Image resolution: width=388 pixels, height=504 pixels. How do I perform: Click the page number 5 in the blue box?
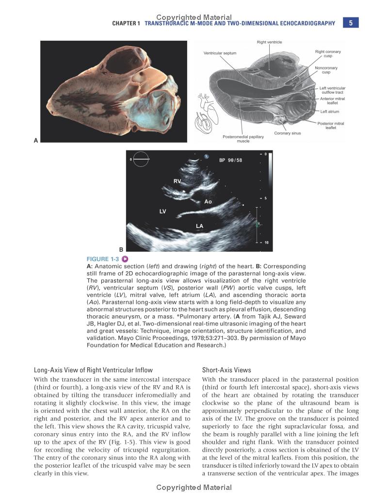[351, 23]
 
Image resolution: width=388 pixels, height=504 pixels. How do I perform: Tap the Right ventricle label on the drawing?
[269, 42]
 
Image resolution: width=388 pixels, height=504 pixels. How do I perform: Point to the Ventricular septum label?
[220, 53]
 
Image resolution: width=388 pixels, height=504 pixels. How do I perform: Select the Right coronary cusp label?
[328, 53]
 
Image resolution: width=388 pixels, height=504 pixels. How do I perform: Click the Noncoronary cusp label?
[326, 70]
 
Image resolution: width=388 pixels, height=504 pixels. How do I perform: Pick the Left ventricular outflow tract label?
[332, 90]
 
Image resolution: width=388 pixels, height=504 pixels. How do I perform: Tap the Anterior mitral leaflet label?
[332, 101]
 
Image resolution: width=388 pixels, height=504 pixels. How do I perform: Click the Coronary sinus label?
[288, 133]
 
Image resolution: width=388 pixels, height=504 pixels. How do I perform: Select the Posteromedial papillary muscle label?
[243, 139]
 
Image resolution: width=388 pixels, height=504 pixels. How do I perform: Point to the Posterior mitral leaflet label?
[331, 126]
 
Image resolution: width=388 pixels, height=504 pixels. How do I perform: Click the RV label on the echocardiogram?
[178, 181]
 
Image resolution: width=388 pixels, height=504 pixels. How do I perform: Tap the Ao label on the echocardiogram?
[208, 201]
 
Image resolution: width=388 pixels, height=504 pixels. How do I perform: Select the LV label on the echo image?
[163, 211]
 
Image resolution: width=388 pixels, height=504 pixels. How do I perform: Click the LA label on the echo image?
[199, 226]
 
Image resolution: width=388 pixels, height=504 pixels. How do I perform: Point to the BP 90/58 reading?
[230, 160]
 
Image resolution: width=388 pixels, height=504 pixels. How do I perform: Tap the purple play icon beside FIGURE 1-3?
[125, 259]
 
